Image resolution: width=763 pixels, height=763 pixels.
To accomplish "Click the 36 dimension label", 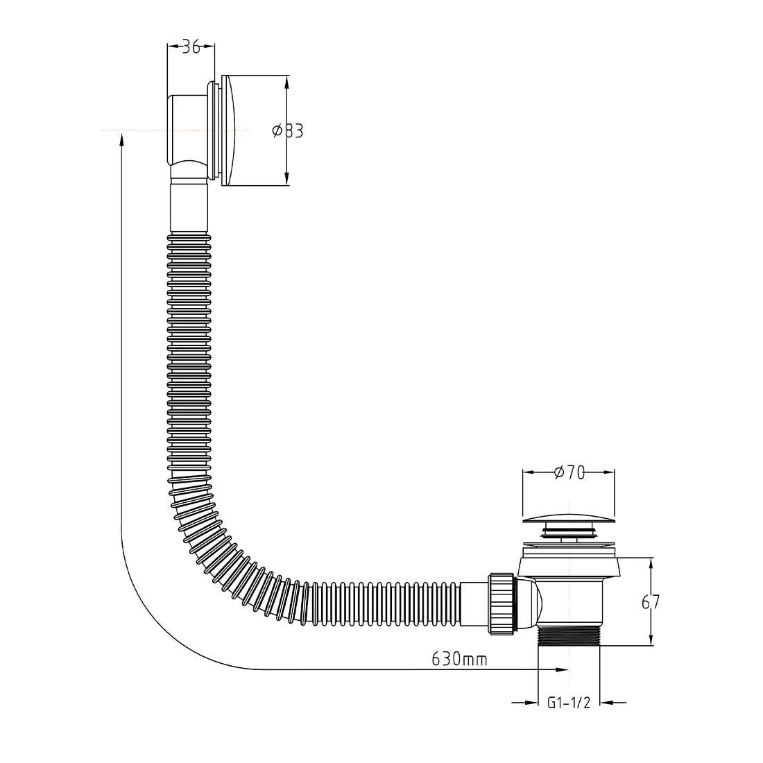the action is pos(191,47).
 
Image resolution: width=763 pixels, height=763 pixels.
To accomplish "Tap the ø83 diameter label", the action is pos(288,131).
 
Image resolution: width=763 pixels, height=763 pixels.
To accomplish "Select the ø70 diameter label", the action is pos(569,472).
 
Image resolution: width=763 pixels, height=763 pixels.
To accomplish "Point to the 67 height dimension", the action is pos(651,602).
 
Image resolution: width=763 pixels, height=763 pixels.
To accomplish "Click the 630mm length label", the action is pos(459,660).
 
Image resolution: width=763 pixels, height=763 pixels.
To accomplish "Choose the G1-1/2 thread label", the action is pos(569,703).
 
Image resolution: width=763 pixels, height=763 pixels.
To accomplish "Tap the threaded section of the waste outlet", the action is pos(568,635).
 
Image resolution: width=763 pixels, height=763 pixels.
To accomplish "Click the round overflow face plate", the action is pos(231,130).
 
